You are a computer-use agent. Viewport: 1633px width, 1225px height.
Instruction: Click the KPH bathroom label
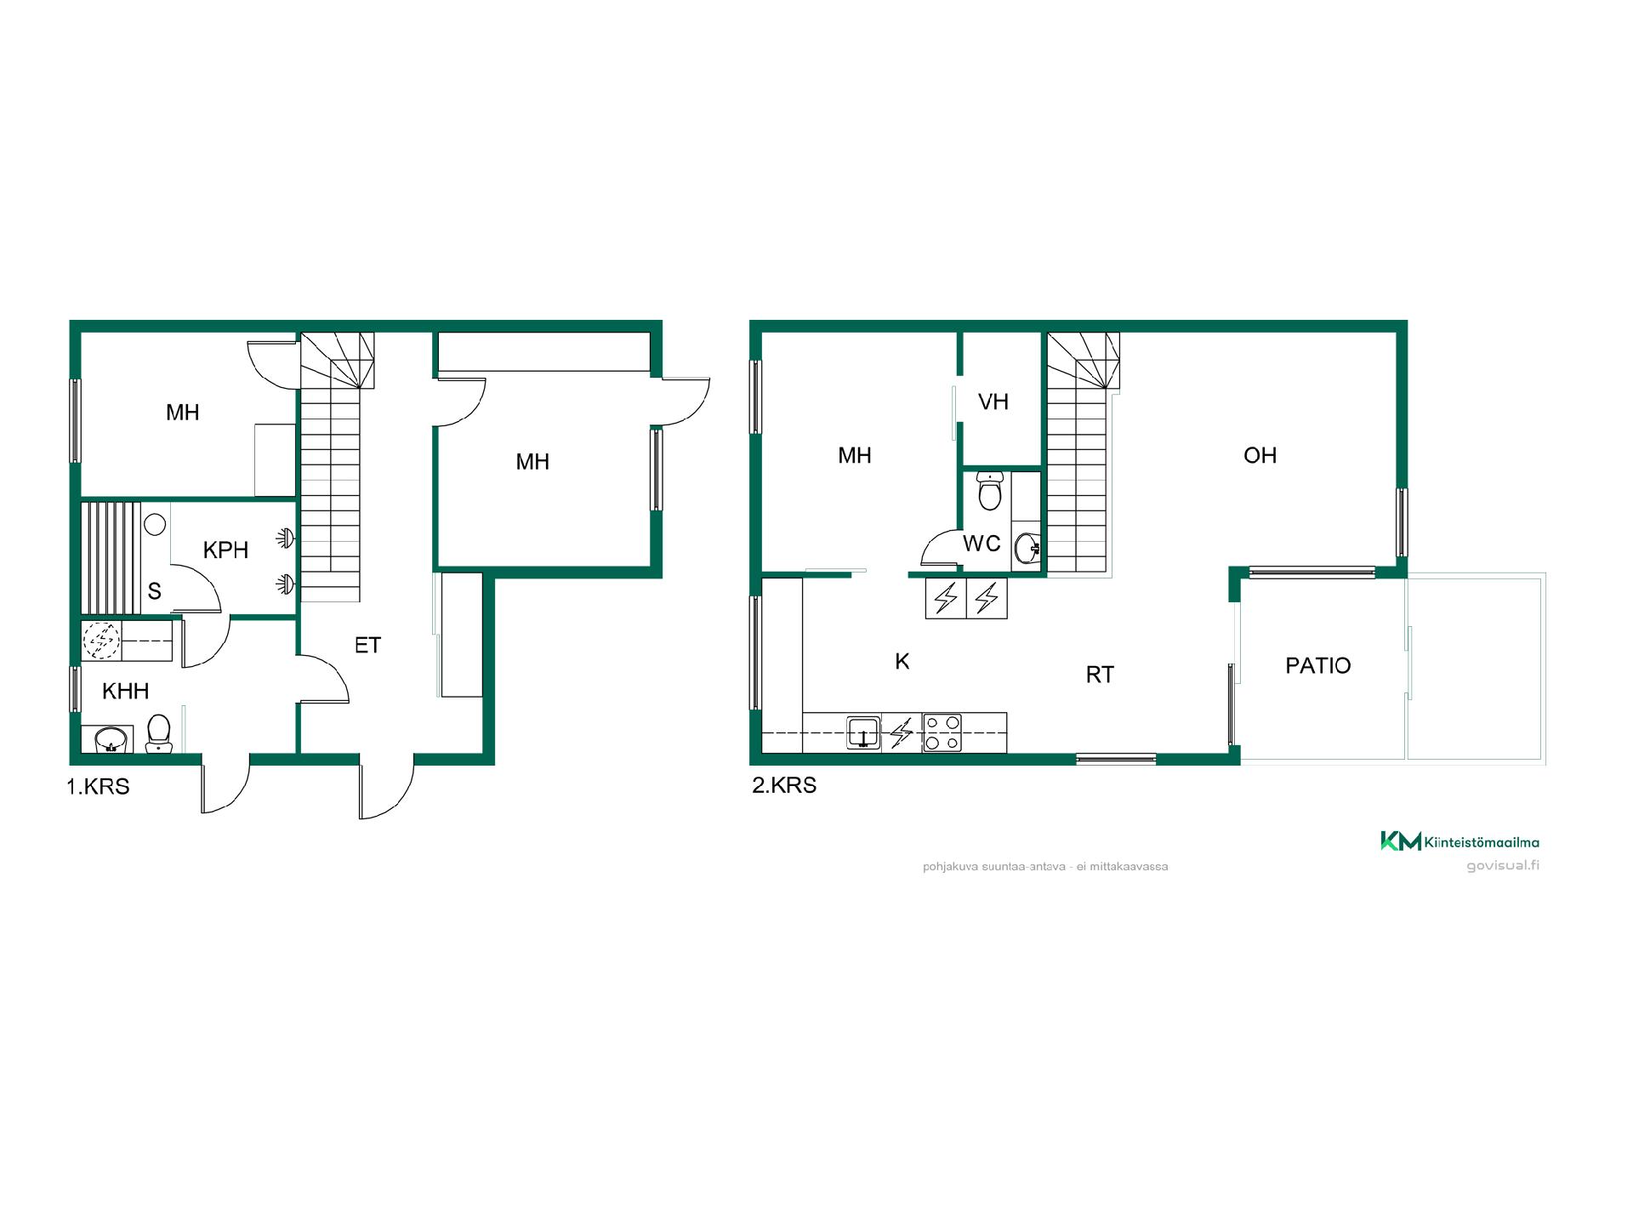tap(225, 550)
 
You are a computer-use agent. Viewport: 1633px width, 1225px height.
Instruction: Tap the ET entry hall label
tap(367, 646)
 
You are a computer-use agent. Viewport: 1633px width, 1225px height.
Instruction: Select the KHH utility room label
tap(126, 691)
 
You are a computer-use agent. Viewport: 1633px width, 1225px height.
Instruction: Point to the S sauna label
tap(154, 591)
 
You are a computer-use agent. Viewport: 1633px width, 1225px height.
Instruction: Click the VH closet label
tap(993, 402)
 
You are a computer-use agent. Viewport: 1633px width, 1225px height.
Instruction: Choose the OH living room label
tap(1260, 456)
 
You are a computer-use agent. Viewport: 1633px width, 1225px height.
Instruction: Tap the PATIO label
tap(1317, 665)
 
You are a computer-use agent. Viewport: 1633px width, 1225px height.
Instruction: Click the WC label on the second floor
tap(982, 544)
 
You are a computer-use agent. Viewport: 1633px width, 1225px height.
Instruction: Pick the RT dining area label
tap(1100, 675)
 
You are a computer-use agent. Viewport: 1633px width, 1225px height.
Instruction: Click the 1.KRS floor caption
tap(98, 787)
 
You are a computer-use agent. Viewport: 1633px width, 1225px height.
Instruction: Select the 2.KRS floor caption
tap(784, 785)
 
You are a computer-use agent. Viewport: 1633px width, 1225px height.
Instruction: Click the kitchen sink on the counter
tap(863, 732)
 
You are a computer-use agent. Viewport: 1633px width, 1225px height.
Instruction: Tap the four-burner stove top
tap(942, 732)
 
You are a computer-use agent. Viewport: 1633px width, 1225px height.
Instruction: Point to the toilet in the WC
tap(989, 491)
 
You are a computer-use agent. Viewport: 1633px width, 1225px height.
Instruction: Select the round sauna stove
tap(154, 524)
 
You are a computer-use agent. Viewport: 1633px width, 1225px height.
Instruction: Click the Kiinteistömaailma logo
tap(1459, 841)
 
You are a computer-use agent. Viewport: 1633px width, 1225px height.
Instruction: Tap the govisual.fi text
tap(1503, 866)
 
